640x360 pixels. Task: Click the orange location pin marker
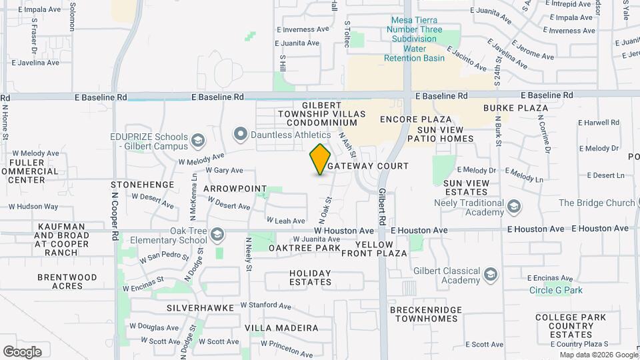(x=321, y=159)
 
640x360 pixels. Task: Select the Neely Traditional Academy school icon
(x=513, y=207)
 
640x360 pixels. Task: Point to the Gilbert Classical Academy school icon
(x=491, y=275)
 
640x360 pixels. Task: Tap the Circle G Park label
(x=556, y=290)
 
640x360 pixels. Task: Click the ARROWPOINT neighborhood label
(x=235, y=189)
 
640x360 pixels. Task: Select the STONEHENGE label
(x=142, y=184)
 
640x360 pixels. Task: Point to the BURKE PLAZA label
(x=516, y=107)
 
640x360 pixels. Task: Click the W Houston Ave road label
(x=344, y=230)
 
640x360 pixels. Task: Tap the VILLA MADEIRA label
(x=281, y=328)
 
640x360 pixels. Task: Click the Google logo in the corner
(x=22, y=351)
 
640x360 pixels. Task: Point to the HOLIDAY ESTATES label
(x=310, y=277)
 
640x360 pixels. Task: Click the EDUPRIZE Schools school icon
(x=197, y=141)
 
